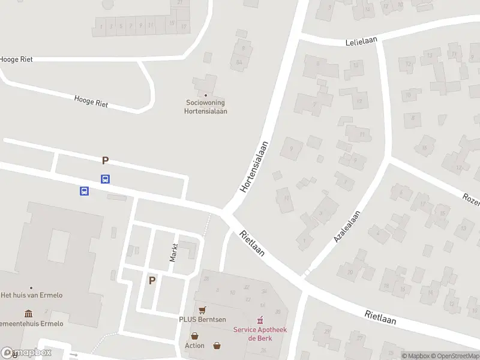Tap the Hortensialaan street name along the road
(253, 166)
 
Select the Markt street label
(174, 253)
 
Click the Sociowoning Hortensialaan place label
(206, 107)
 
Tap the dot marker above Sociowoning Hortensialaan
(206, 95)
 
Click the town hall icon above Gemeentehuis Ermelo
(29, 314)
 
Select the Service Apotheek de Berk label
(260, 334)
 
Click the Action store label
(194, 345)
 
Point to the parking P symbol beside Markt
(152, 280)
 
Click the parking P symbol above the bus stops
(106, 160)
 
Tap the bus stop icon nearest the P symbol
(105, 179)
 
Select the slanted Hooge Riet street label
(91, 101)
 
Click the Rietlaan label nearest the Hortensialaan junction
(252, 244)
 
